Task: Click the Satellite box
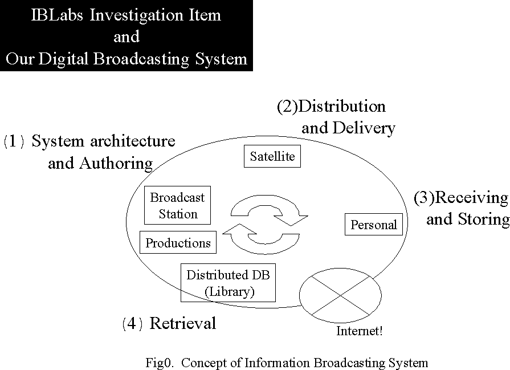pyautogui.click(x=272, y=157)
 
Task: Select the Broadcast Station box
pyautogui.click(x=178, y=205)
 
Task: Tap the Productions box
pyautogui.click(x=178, y=243)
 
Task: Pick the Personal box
pyautogui.click(x=374, y=225)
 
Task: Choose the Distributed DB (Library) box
pyautogui.click(x=228, y=283)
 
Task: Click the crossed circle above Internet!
pyautogui.click(x=340, y=294)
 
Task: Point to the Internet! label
pyautogui.click(x=360, y=331)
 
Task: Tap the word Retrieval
pyautogui.click(x=183, y=324)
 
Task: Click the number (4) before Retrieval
pyautogui.click(x=132, y=324)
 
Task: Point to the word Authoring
pyautogui.click(x=116, y=164)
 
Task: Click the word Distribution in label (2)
pyautogui.click(x=342, y=107)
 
